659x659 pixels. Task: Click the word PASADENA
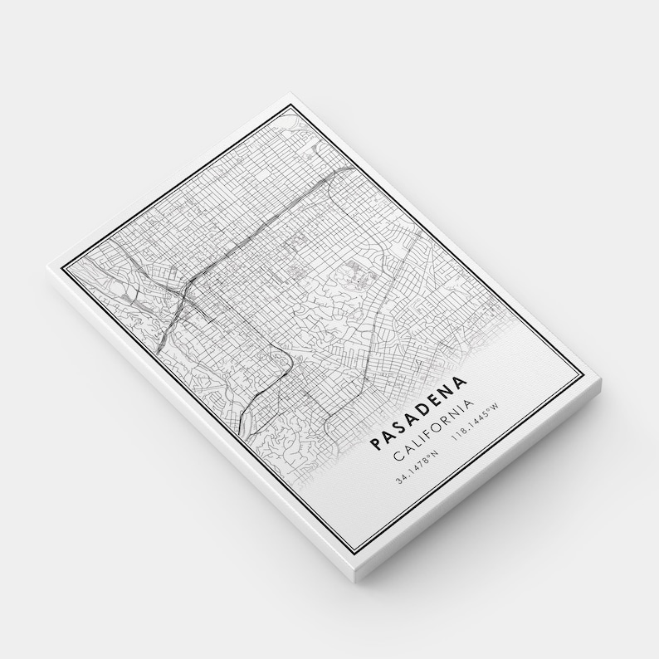[x=419, y=412]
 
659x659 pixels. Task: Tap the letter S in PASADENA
[x=401, y=426]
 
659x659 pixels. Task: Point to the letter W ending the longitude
[x=495, y=407]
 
